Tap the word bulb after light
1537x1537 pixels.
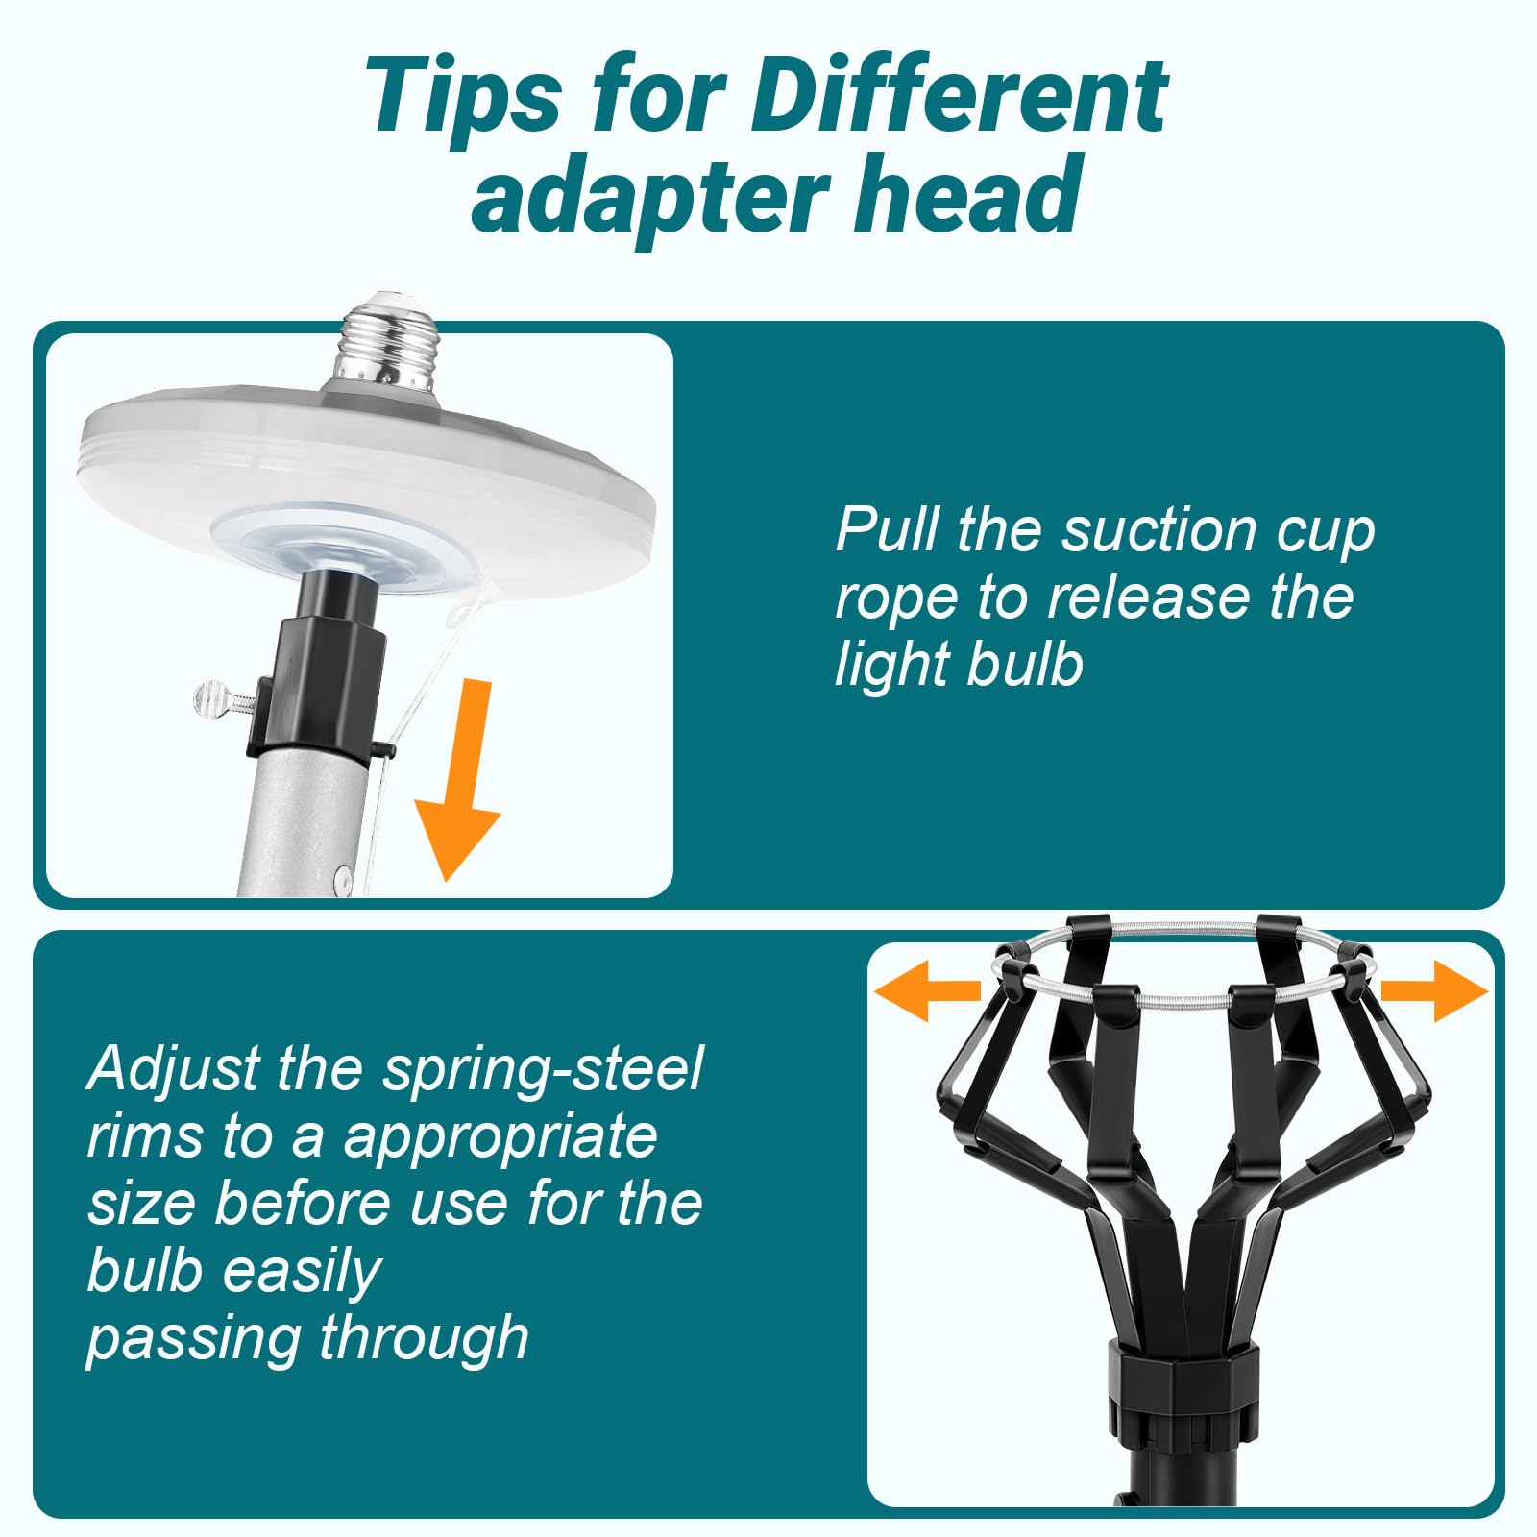coord(1025,663)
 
